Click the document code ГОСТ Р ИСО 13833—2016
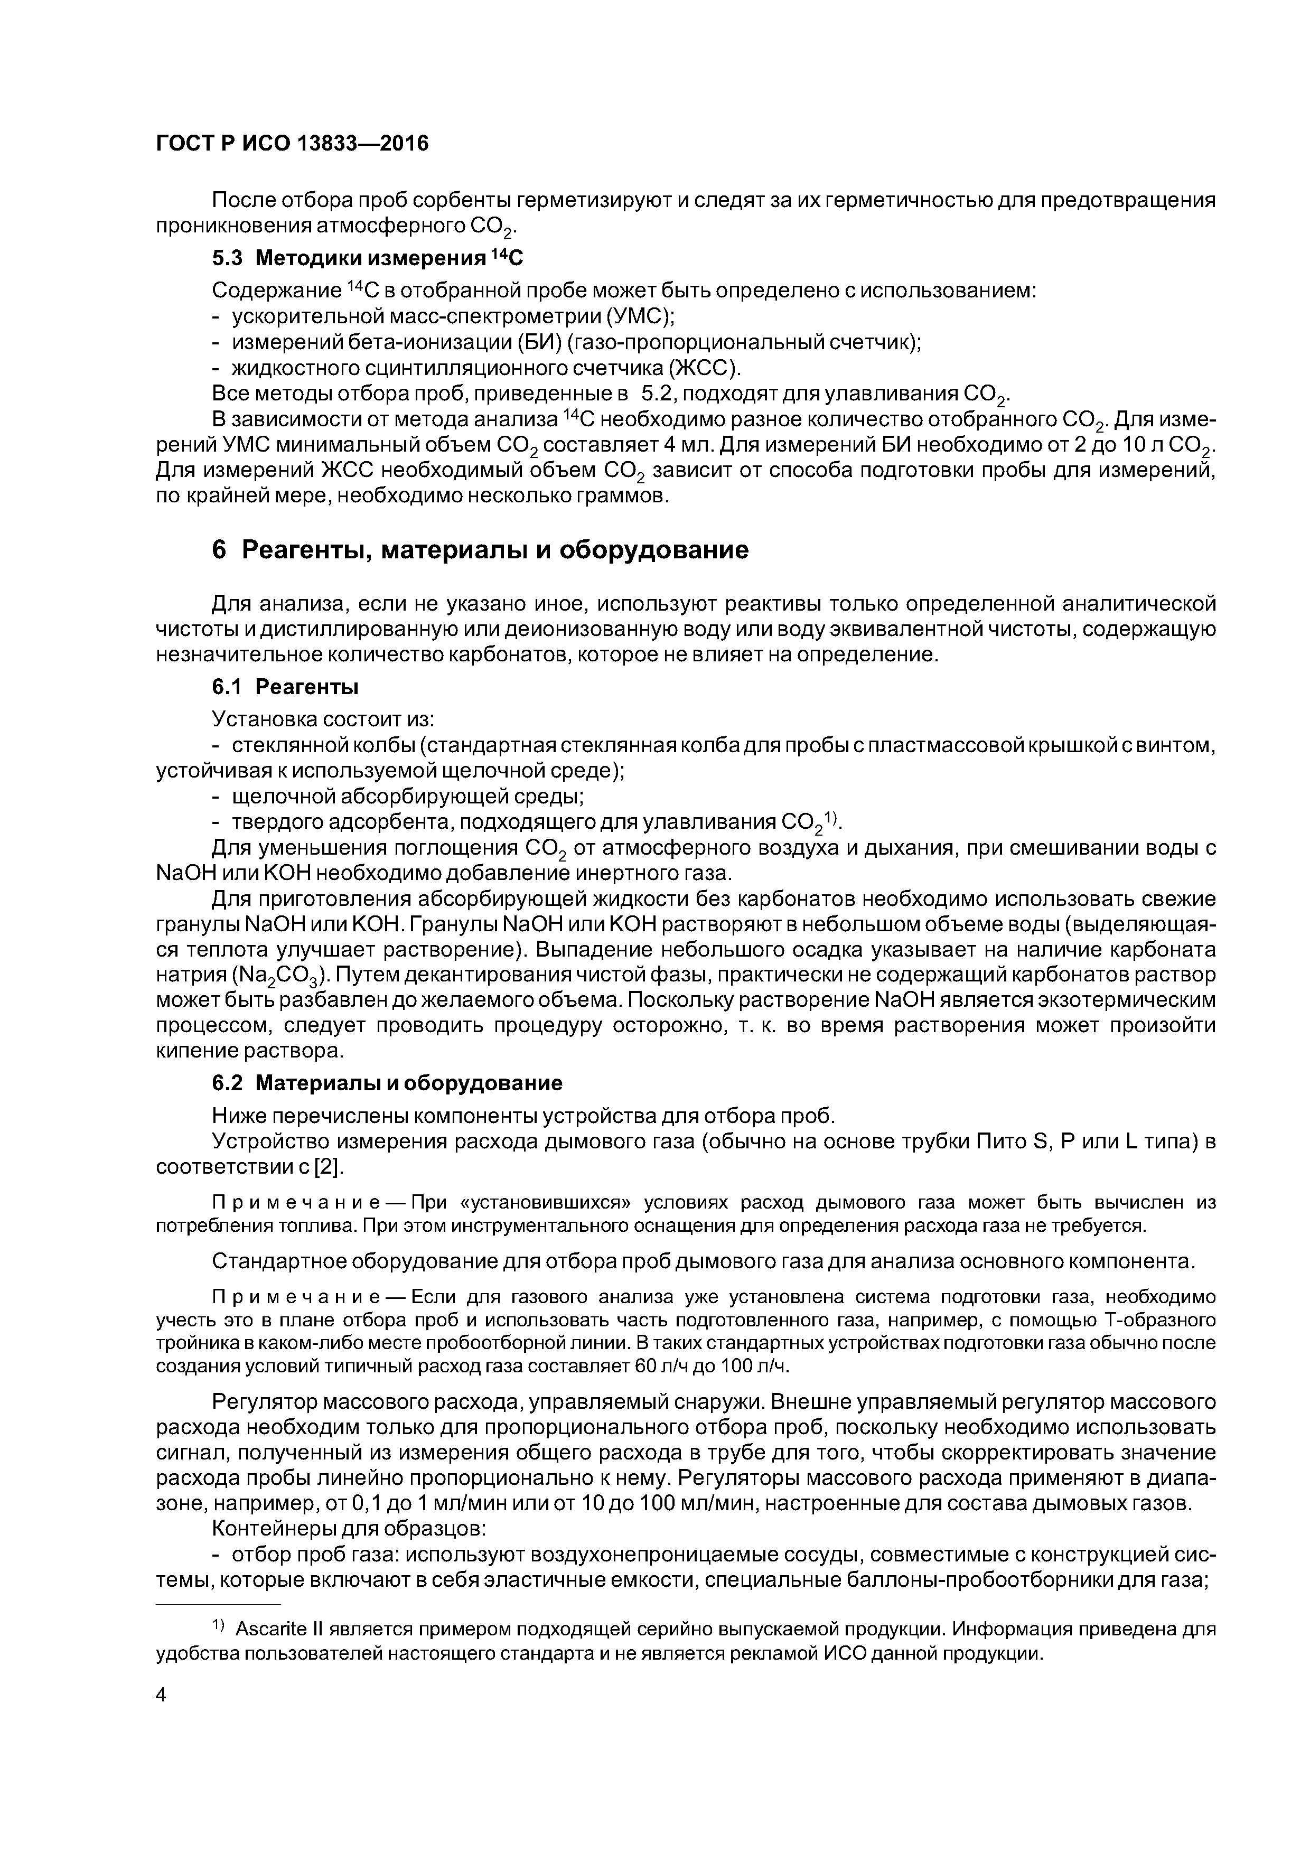tap(292, 144)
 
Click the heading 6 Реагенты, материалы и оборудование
tap(480, 550)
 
